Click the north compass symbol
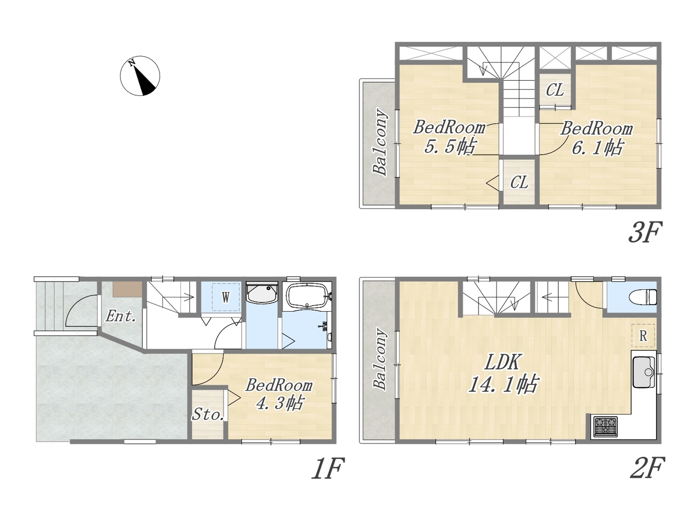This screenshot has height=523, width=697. [140, 76]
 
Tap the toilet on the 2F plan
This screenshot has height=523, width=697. [643, 296]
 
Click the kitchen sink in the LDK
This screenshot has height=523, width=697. [644, 372]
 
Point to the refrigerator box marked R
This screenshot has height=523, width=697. [643, 336]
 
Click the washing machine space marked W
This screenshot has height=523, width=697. [225, 297]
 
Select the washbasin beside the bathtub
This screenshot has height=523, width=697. [262, 293]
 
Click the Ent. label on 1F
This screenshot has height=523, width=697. [121, 317]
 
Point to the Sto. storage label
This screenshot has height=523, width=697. [208, 414]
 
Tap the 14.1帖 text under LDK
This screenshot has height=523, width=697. [503, 385]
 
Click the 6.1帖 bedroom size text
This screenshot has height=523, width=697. [597, 147]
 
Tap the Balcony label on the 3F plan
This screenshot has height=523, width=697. [380, 142]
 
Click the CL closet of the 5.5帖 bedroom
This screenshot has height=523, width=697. [519, 182]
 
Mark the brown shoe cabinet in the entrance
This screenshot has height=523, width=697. [127, 289]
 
